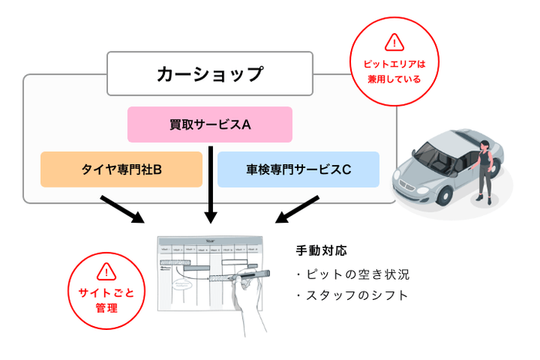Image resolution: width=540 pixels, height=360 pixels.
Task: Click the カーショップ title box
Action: (210, 74)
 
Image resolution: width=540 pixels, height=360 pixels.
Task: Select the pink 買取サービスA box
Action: (210, 124)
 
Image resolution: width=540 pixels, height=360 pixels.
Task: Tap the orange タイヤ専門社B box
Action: (121, 170)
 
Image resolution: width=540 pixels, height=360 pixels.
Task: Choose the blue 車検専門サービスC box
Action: (298, 170)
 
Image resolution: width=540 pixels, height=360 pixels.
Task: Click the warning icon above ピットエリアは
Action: (393, 42)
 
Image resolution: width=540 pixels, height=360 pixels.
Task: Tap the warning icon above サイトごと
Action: (106, 271)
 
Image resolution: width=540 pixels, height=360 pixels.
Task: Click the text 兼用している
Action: (393, 79)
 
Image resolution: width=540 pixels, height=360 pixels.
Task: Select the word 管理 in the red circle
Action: (106, 308)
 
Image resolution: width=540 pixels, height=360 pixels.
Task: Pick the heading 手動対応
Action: (321, 251)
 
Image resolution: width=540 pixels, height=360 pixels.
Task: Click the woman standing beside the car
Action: (484, 170)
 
